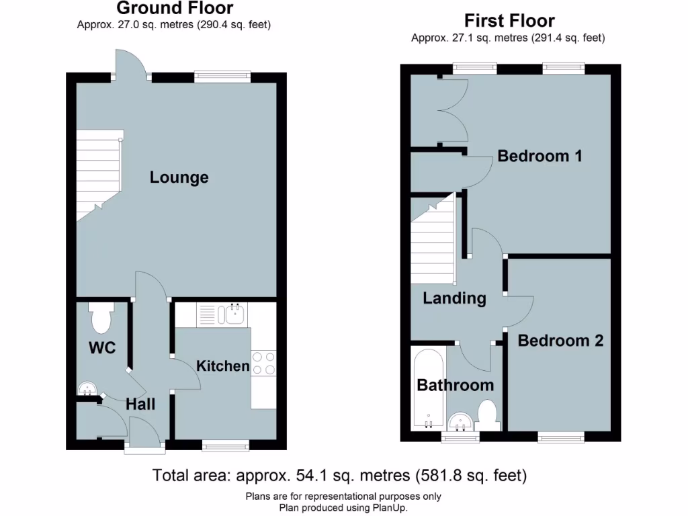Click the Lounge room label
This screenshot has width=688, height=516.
[x=179, y=177]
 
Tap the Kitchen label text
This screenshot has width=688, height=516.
[x=222, y=366]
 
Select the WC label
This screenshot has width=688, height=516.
[x=102, y=348]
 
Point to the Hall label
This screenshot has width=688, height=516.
[x=140, y=404]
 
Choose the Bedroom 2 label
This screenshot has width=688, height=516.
[x=560, y=341]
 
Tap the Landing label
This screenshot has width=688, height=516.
[x=454, y=298]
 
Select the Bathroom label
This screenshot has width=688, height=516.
[x=455, y=385]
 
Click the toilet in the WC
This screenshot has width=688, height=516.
[x=101, y=318]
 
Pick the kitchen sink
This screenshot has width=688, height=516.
[x=234, y=314]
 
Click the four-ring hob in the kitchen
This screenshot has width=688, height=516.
[x=264, y=363]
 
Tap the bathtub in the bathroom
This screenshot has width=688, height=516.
[x=428, y=390]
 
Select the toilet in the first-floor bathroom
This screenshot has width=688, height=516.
[x=487, y=415]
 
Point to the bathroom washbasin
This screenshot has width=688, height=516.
[x=460, y=422]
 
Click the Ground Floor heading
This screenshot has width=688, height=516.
[x=175, y=9]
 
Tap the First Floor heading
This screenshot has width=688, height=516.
[x=508, y=21]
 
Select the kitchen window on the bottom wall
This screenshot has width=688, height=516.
[x=225, y=444]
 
